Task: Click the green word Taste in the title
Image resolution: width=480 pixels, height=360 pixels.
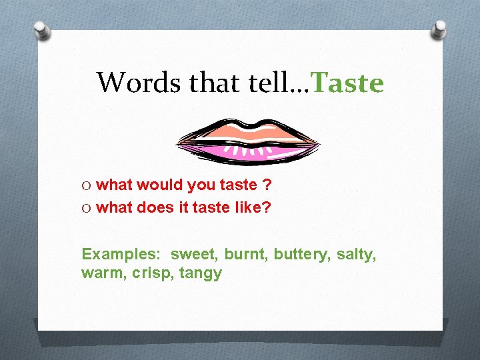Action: pos(348,83)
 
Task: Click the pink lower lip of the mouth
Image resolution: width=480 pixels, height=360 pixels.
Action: pos(248,153)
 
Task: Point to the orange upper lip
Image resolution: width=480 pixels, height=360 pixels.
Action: pos(248,128)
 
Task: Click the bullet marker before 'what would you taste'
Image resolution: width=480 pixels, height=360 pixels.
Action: pos(87,185)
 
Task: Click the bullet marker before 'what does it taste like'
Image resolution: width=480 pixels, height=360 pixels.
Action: pos(87,207)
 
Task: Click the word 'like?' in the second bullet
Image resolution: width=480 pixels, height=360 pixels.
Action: pos(253,207)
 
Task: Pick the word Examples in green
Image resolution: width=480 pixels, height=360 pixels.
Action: pos(121,254)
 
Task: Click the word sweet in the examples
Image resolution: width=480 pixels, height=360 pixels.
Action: pos(194,254)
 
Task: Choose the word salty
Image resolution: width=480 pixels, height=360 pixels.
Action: pos(355,254)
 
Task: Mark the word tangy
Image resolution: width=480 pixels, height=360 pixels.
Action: pos(201,274)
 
